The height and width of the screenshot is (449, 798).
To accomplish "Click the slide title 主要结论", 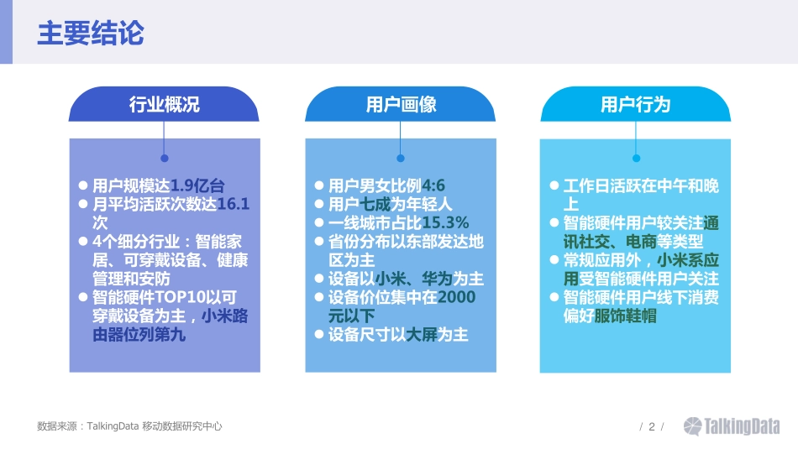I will click(x=91, y=34).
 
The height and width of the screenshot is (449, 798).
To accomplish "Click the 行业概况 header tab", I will click(x=164, y=104).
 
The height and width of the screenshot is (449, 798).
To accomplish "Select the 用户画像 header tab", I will click(x=401, y=104).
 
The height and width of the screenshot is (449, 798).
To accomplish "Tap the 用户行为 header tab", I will click(x=636, y=104).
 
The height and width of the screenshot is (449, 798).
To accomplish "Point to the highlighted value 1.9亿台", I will click(x=197, y=185).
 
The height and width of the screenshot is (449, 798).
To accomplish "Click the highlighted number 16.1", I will click(x=233, y=204).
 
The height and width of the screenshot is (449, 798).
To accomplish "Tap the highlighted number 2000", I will click(x=456, y=297).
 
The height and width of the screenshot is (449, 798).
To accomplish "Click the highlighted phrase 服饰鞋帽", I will click(x=625, y=316).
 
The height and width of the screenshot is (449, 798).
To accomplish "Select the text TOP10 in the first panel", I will click(x=182, y=297).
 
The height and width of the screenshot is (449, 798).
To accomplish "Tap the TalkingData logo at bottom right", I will click(x=731, y=426).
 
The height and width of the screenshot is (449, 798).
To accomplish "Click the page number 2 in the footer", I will click(x=651, y=426).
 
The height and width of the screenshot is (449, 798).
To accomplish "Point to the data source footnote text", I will click(x=130, y=426).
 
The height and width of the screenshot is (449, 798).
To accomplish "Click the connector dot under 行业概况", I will click(x=164, y=158).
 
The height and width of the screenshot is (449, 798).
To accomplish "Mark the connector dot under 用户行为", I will click(x=636, y=158).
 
